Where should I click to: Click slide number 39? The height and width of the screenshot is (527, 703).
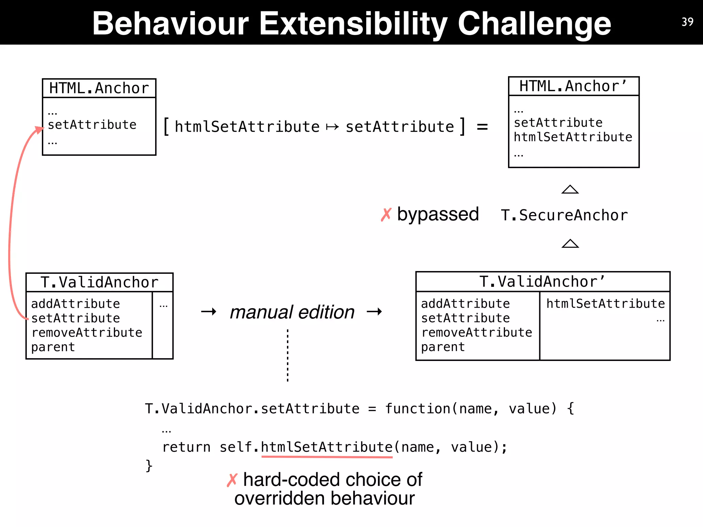[x=687, y=22]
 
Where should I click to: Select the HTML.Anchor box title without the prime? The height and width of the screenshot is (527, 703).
[x=99, y=88]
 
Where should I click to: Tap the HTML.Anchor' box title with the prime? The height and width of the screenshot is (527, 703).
[x=573, y=86]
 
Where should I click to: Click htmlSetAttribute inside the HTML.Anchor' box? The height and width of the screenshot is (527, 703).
[x=573, y=137]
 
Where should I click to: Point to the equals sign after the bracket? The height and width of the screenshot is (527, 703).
[x=482, y=127]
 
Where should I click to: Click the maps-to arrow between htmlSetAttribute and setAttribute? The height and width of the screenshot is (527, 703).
[x=332, y=127]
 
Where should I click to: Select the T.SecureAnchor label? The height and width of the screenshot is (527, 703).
[x=564, y=215]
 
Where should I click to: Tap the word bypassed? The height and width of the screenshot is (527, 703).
[x=438, y=214]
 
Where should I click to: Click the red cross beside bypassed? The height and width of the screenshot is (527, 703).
[x=386, y=215]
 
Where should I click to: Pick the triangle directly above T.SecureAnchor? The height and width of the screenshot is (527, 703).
[x=570, y=189]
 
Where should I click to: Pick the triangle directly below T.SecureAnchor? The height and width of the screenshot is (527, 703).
[x=570, y=244]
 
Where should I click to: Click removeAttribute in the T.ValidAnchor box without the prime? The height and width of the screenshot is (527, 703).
[x=87, y=332]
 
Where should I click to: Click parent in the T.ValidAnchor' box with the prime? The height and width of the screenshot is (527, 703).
[x=443, y=347]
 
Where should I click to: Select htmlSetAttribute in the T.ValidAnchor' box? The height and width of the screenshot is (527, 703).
[x=606, y=304]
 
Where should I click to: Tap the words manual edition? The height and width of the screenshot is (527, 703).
[x=292, y=312]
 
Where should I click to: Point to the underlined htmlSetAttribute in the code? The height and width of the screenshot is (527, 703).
[x=326, y=447]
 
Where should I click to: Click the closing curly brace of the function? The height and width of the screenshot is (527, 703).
[x=149, y=466]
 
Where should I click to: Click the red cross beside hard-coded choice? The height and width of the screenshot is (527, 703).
[x=232, y=480]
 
